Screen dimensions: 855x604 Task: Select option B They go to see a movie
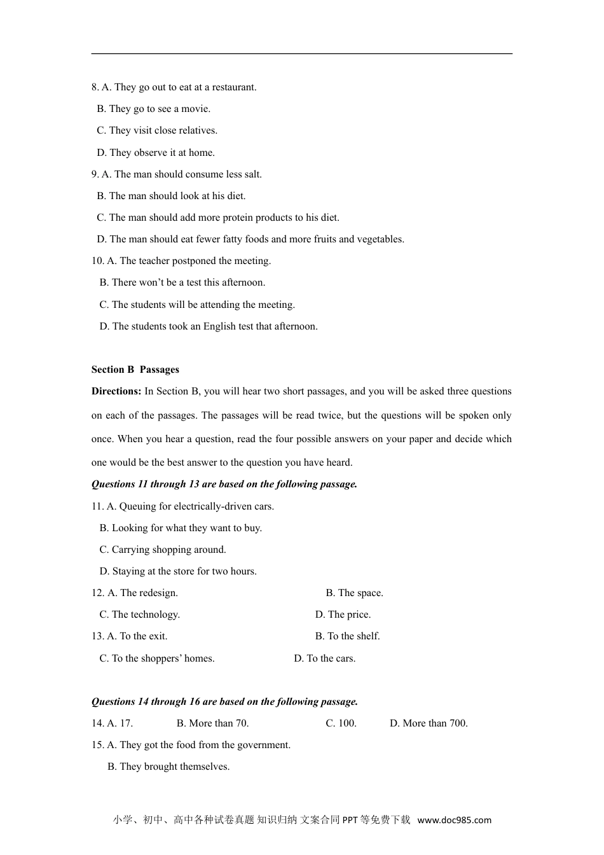click(153, 109)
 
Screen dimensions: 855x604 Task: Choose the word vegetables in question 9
click(380, 239)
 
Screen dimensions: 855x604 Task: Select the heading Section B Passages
click(135, 370)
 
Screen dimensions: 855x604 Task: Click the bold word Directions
click(116, 391)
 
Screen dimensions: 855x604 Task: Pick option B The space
click(354, 593)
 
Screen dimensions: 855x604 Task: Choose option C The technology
click(139, 615)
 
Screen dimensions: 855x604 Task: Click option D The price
click(343, 615)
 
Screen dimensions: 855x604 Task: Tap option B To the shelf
click(347, 636)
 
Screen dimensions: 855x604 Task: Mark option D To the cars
click(324, 658)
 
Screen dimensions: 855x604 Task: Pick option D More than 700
click(429, 723)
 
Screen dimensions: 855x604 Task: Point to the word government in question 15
click(262, 745)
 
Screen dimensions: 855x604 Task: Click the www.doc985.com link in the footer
click(454, 820)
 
